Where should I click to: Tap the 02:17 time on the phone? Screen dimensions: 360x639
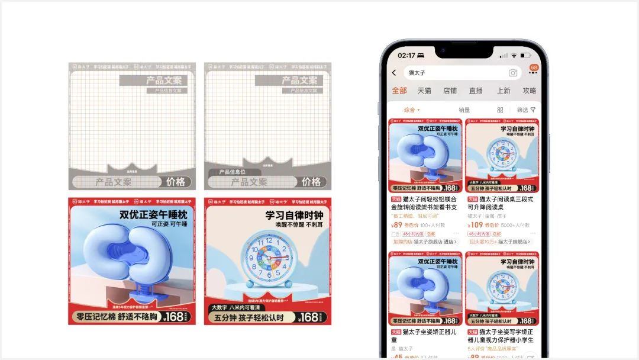coord(406,55)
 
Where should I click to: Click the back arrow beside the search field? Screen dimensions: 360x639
coord(394,73)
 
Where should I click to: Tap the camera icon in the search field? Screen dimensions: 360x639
coord(512,73)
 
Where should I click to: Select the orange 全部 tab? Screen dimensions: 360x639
coord(399,91)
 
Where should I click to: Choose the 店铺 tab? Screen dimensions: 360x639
coord(450,91)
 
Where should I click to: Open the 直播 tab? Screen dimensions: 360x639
coord(476,91)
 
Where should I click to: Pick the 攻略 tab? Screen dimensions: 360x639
coord(529,91)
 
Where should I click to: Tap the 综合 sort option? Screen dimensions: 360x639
coord(411,110)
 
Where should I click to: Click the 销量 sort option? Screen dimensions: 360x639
coord(464,110)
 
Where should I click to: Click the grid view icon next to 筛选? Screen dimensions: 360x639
coord(500,110)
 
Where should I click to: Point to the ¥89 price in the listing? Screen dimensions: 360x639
coord(397,225)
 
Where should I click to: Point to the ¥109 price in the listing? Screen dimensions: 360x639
coord(475,225)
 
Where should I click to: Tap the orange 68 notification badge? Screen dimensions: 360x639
coord(534,67)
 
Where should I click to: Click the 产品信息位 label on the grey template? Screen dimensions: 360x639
coord(232,172)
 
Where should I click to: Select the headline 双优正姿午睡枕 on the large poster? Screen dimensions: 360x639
coord(153,214)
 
